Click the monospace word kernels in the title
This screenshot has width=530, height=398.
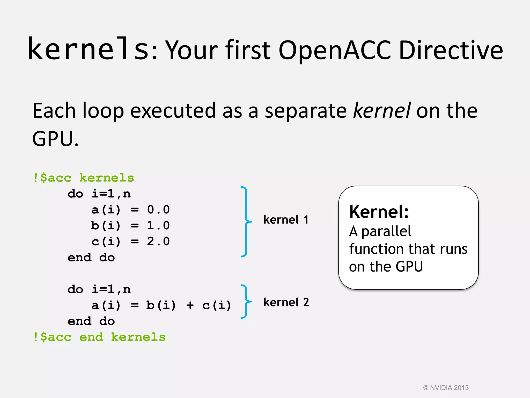[88, 49]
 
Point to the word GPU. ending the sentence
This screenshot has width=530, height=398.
[55, 139]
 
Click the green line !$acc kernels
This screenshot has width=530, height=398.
[84, 178]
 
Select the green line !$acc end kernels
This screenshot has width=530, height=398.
[99, 337]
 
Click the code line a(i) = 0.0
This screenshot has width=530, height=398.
[130, 210]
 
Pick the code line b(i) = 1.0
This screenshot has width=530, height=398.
[130, 225]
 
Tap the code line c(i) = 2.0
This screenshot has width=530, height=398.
[130, 241]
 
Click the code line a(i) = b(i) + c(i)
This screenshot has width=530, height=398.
[161, 305]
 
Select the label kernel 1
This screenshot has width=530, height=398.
[286, 220]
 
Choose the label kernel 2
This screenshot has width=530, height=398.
[286, 302]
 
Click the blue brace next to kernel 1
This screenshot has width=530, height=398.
[246, 222]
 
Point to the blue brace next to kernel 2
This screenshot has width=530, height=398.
[246, 301]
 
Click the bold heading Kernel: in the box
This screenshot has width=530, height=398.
[379, 212]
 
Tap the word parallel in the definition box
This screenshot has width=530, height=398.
[386, 231]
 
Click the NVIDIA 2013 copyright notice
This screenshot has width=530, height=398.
[446, 388]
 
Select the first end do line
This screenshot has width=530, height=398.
[91, 258]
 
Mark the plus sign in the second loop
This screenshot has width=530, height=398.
[190, 305]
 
